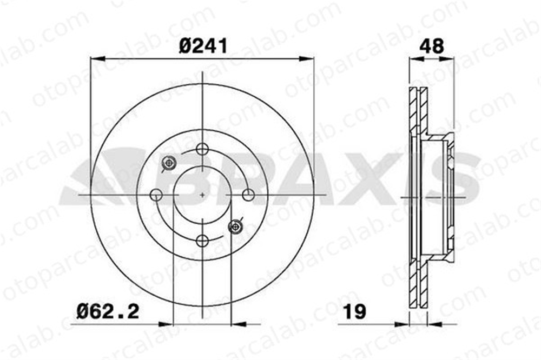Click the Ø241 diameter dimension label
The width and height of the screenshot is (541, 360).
(203, 46)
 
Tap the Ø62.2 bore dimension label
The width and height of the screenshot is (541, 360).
(108, 312)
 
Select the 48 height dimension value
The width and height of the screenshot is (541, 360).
(432, 46)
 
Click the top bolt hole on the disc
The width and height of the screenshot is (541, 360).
(202, 149)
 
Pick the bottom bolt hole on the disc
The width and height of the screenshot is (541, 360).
(202, 241)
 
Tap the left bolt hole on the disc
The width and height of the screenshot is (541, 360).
(156, 195)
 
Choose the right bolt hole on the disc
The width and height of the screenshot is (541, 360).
(248, 195)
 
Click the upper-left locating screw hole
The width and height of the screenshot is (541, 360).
(169, 162)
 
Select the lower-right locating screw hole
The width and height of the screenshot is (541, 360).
(235, 226)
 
